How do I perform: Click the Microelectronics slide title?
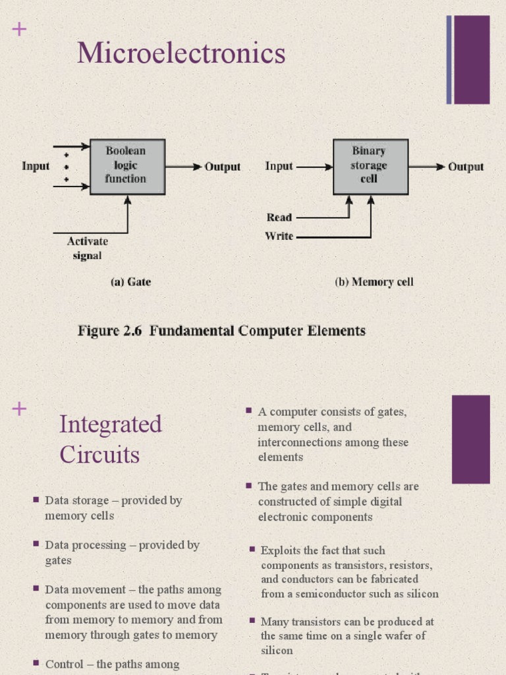click(181, 53)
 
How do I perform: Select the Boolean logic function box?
click(127, 166)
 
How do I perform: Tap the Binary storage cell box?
click(370, 166)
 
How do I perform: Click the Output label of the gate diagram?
click(222, 167)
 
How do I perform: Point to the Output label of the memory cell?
click(466, 167)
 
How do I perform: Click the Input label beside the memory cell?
click(279, 166)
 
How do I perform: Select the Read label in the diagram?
click(279, 218)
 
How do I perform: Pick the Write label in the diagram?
click(279, 236)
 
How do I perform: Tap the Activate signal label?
click(87, 249)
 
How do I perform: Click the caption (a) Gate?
click(130, 282)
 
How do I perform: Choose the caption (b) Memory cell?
click(374, 282)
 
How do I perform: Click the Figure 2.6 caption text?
click(221, 331)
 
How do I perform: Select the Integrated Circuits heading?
click(110, 439)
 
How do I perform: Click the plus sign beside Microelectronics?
click(19, 29)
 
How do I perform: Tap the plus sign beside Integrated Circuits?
click(19, 409)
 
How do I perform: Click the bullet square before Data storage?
click(36, 500)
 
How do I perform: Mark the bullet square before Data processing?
click(36, 544)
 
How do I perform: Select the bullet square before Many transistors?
click(252, 621)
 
